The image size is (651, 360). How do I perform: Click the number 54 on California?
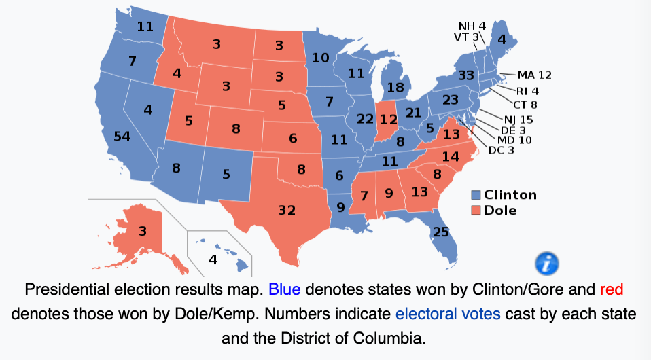pos(122,137)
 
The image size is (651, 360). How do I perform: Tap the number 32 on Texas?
pos(287,210)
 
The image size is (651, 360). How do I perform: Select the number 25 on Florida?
pos(440,232)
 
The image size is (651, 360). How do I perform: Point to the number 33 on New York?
pos(465,75)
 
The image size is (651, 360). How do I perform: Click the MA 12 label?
pos(535,75)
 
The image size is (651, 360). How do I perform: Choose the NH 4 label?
pos(472,26)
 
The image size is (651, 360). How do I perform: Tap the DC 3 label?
pos(502,150)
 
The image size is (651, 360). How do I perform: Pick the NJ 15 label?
pos(518,120)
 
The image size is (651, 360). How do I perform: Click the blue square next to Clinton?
pos(476,196)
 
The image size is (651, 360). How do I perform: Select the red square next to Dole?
pos(476,211)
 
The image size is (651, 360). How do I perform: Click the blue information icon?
pos(547,262)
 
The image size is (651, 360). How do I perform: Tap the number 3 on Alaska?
pos(142,231)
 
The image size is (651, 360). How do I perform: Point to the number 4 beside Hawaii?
pos(213,259)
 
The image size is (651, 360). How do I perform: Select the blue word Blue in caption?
pos(284,290)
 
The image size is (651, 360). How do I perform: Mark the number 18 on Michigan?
pos(395,88)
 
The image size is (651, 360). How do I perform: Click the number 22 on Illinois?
pos(365,119)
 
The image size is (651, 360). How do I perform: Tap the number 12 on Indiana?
pos(389,120)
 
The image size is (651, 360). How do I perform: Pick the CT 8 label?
pos(525,105)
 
